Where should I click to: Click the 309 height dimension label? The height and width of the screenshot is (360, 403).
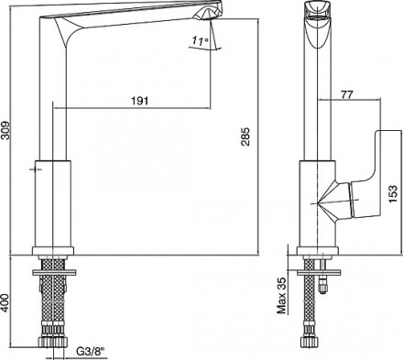tap(6, 131)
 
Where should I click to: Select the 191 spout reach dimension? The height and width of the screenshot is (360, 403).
tap(140, 101)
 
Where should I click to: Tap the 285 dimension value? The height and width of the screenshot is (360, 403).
tap(245, 136)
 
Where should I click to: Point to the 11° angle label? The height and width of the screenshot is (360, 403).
tap(200, 40)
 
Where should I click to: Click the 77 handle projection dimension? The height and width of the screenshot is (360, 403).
tap(347, 94)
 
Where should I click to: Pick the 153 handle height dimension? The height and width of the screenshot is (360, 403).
tap(393, 193)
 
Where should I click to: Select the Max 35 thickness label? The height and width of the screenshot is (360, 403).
tap(281, 295)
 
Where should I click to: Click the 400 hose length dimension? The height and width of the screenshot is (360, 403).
tap(6, 302)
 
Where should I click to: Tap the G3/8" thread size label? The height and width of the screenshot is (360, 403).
tap(91, 352)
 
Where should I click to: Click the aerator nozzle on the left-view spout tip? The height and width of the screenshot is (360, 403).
tap(209, 14)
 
